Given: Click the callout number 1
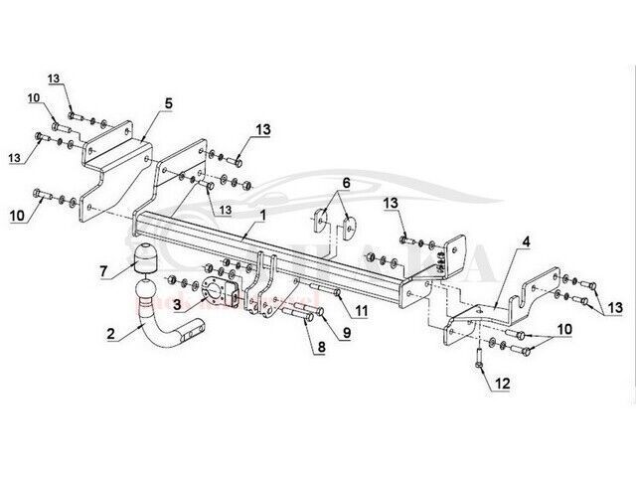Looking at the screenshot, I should [x=263, y=216].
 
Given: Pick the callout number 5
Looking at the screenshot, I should [x=169, y=103].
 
